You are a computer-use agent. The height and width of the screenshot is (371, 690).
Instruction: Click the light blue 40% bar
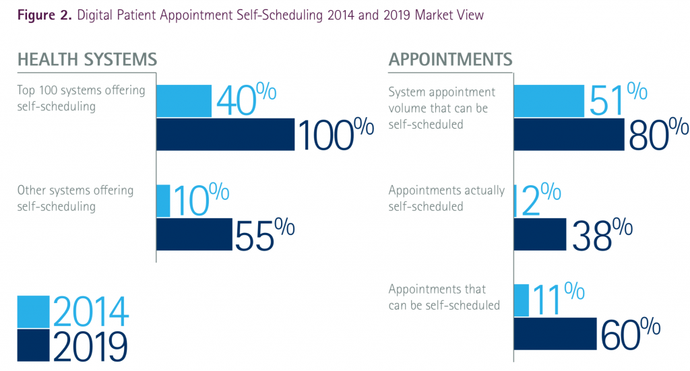[184, 101]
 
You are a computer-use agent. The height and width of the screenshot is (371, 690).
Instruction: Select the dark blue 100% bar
[226, 134]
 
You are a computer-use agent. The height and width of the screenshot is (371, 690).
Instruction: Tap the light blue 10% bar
[163, 201]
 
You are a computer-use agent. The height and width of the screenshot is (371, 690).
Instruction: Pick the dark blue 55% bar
[194, 234]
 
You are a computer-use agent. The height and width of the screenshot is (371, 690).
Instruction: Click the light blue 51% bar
[548, 101]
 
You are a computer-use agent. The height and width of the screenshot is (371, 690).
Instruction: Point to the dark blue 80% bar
[569, 134]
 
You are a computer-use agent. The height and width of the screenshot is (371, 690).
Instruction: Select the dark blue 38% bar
[540, 234]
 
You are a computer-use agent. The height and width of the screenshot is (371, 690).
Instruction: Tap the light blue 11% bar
[521, 300]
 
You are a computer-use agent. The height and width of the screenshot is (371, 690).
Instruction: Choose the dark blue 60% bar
[555, 333]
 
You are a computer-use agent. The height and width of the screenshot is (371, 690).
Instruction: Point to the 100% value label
[335, 134]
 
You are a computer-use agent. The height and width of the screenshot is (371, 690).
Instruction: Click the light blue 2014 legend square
[33, 310]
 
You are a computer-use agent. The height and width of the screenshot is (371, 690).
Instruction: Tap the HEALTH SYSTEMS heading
[87, 59]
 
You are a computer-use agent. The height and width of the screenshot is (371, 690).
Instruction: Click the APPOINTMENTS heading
[450, 59]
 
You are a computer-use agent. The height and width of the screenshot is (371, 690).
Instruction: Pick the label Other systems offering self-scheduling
[75, 198]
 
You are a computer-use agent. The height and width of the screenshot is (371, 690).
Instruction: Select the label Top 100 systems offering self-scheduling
[81, 98]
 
